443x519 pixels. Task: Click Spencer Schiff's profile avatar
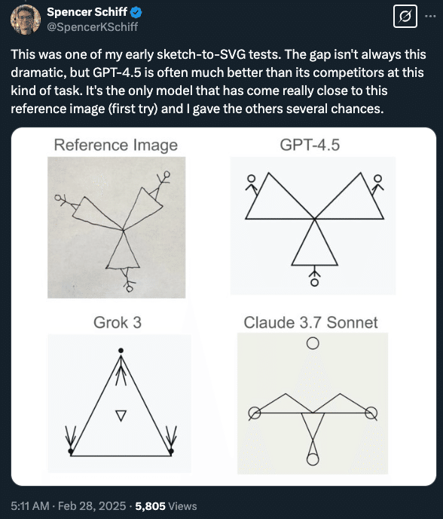point(26,19)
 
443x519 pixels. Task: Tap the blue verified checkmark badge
point(136,12)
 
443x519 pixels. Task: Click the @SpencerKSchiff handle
point(92,27)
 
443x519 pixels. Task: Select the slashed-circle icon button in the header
point(405,16)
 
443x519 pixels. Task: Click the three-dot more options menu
point(430,16)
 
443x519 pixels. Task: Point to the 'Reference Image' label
point(116,145)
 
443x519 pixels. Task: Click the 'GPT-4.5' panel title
point(310,145)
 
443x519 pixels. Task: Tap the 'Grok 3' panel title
point(118,322)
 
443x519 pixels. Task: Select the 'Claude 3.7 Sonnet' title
point(310,322)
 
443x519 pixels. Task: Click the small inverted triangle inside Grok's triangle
point(121,416)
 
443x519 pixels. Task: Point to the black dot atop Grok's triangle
point(121,351)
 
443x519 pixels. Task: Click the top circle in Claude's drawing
point(313,343)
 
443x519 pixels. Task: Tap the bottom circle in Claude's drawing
point(313,459)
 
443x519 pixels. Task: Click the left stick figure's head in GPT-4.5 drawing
point(252,179)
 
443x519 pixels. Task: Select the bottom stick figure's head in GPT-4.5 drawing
point(315,282)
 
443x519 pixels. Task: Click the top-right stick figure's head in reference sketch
point(167,174)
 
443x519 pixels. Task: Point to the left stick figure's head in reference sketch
point(58,198)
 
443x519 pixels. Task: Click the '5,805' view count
point(151,506)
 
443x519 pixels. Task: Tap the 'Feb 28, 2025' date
point(92,506)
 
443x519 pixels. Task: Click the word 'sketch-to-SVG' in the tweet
point(201,54)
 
